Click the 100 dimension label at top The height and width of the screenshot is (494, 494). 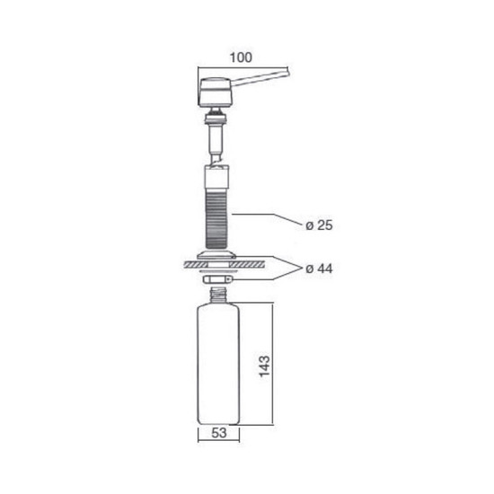[241, 57]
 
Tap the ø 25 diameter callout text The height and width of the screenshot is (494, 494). [319, 225]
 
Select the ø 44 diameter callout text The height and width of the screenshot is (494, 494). [319, 269]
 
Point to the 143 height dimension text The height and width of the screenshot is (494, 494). [264, 366]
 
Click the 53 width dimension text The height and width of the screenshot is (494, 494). [218, 433]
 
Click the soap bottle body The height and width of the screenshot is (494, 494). [218, 364]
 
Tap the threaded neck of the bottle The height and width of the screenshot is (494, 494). [218, 296]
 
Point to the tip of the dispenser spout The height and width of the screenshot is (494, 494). [287, 71]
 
